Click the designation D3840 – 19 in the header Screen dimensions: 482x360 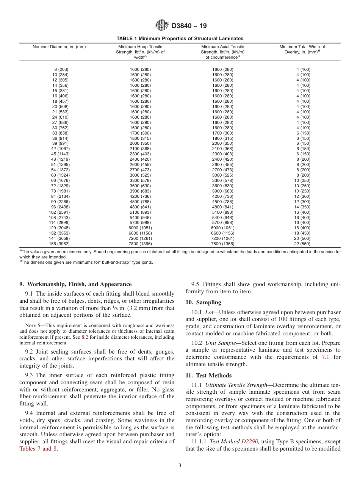pos(189,26)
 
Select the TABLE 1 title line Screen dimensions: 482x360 pos(180,39)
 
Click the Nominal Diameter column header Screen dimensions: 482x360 pos(59,47)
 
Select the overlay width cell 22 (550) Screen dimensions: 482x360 pos(302,244)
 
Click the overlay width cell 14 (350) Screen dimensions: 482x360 pos(302,207)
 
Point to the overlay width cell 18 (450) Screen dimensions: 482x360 pos(302,233)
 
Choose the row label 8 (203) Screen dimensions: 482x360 pos(61,69)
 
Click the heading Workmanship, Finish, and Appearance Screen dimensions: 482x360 pos(75,284)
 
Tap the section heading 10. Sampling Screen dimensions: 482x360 pos(203,302)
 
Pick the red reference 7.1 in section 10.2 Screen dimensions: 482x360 pos(326,357)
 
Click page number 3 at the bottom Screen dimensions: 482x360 pos(180,466)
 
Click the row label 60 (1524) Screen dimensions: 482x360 pos(60,175)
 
